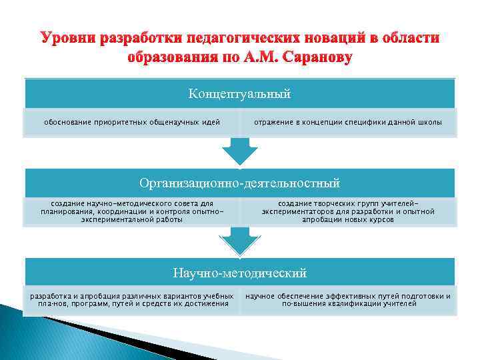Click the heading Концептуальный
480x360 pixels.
(x=239, y=94)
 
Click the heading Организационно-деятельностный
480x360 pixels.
(x=239, y=183)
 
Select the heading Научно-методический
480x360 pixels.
(x=239, y=272)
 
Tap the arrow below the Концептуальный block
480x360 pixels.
(x=239, y=151)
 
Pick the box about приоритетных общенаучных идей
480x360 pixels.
(x=131, y=123)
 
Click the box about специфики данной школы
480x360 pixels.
(x=347, y=123)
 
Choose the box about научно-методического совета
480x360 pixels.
(x=131, y=211)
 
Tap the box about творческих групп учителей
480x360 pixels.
(x=347, y=211)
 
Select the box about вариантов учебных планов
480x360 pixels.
(x=131, y=299)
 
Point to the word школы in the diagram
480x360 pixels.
(x=429, y=123)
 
